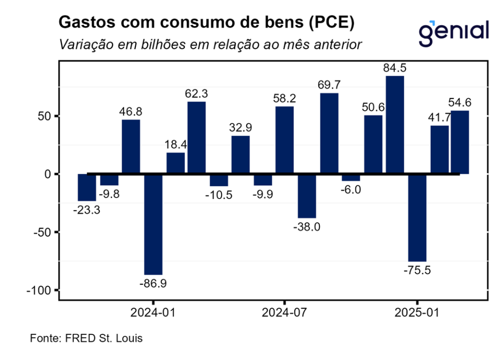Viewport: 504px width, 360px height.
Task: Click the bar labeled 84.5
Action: point(395,125)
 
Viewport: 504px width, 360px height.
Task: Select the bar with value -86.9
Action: point(153,224)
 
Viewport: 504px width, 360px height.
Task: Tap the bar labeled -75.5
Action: point(417,217)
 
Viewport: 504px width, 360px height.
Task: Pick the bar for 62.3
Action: point(196,137)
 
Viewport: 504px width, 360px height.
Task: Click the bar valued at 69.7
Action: point(329,133)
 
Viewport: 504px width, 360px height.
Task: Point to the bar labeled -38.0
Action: point(307,196)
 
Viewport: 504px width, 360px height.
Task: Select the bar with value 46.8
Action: point(130,147)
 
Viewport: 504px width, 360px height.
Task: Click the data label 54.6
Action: point(460,103)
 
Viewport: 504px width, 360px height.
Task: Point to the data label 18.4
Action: point(176,145)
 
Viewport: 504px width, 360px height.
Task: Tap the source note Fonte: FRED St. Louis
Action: point(86,339)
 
